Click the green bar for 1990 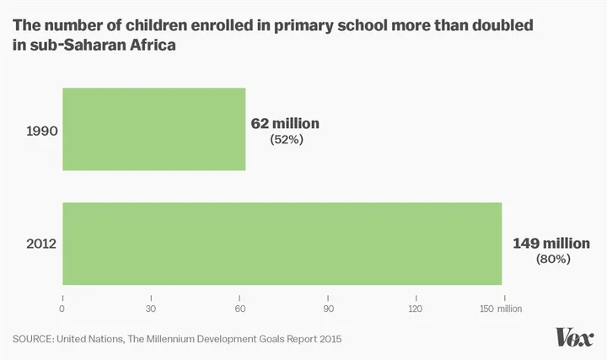coord(154,129)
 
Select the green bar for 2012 coord(282,244)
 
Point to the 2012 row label coord(41,244)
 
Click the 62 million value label coord(285,124)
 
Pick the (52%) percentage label coord(286,140)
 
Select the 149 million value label coord(547,244)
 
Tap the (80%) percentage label coord(553,260)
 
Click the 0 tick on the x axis coord(62,309)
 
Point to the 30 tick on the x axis coord(151,309)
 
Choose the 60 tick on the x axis coord(239,309)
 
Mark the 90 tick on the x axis coord(327,309)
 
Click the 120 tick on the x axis coord(415,309)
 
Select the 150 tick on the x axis coord(486,309)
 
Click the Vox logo coord(575,337)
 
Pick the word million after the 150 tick coord(510,309)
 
